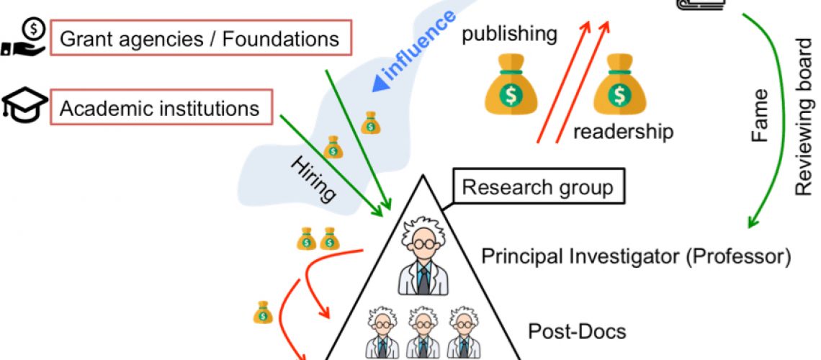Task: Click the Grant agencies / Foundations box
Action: click(199, 38)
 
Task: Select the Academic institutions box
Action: click(159, 109)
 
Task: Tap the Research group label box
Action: click(537, 189)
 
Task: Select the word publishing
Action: click(510, 34)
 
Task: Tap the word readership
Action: click(624, 132)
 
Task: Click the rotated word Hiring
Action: click(314, 178)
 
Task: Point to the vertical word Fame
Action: click(761, 115)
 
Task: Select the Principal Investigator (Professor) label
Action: click(637, 256)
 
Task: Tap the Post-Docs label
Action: click(577, 332)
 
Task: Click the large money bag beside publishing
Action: click(510, 88)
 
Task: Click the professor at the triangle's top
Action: click(423, 256)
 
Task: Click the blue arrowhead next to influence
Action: click(378, 85)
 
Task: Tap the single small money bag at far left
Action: click(263, 312)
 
